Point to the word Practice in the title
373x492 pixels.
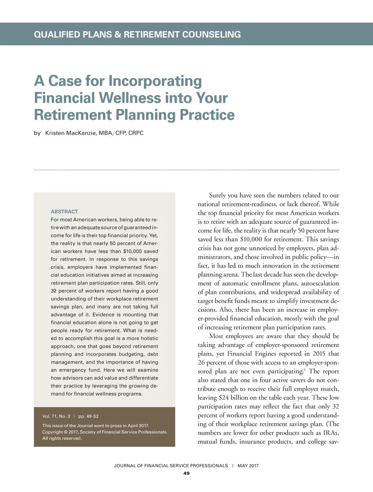[x=207, y=115]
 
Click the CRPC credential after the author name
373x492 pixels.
[x=136, y=133]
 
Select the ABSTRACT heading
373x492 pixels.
[x=64, y=211]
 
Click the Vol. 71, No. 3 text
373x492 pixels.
[x=56, y=416]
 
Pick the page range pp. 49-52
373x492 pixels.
[x=89, y=416]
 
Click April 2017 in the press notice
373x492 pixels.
[x=138, y=426]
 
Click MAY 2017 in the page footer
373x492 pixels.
[x=248, y=466]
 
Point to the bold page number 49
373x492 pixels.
[x=186, y=473]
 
